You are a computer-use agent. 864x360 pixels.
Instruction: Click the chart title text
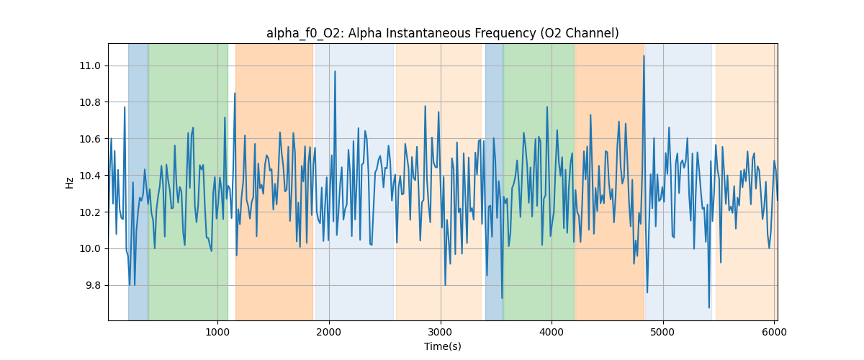point(442,33)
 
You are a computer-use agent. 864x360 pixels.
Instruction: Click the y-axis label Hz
point(70,182)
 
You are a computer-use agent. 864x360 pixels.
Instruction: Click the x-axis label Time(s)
point(442,346)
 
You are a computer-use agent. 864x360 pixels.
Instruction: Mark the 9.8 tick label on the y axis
point(92,286)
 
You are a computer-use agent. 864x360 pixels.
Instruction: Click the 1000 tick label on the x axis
point(217,332)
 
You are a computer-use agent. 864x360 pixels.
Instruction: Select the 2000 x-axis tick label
point(329,332)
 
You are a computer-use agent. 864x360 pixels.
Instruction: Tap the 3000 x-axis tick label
point(440,332)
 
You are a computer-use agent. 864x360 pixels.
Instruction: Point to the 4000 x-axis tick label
point(552,332)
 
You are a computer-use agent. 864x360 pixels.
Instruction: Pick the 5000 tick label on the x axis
point(662,332)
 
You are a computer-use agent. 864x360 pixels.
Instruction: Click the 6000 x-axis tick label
point(774,332)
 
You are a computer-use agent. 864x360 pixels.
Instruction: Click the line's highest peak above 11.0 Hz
point(644,56)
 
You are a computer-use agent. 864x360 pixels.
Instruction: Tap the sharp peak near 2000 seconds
point(335,72)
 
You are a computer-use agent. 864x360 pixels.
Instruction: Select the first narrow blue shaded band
point(138,180)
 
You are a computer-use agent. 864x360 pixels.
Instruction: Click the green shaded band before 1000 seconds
point(187,180)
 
